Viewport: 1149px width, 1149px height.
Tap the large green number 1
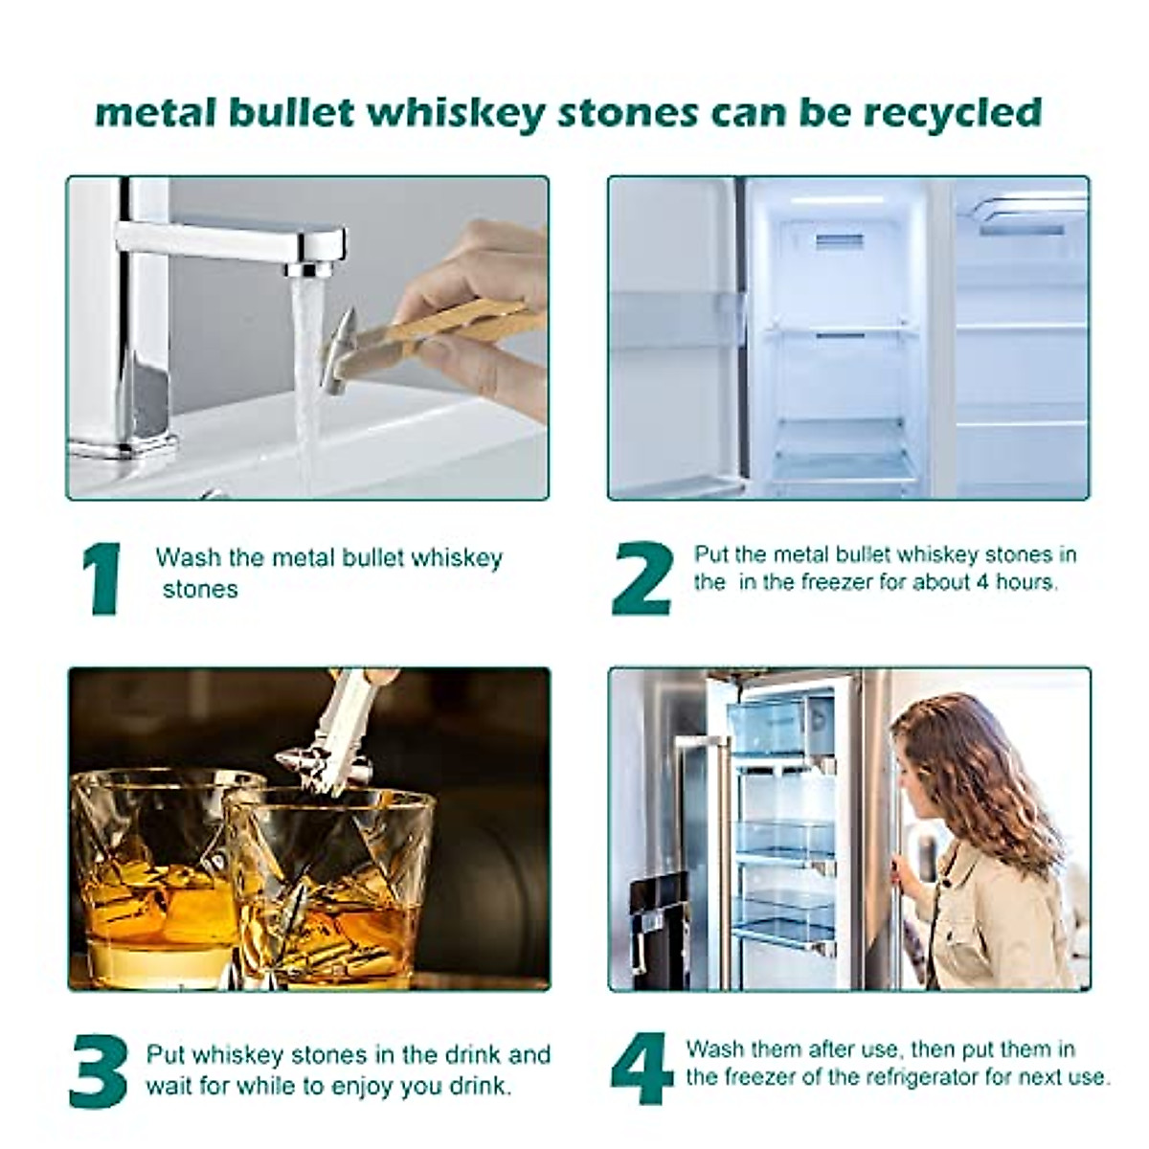(x=104, y=578)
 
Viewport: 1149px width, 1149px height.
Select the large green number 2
(x=642, y=578)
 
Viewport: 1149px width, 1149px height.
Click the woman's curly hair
(x=986, y=776)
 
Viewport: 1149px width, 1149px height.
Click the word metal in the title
(x=156, y=113)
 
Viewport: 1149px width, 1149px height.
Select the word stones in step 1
(x=200, y=589)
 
